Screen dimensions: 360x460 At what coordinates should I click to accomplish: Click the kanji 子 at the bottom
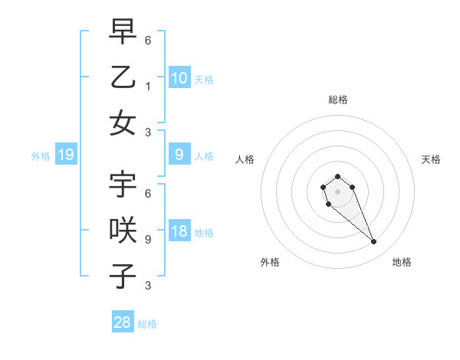pos(123,276)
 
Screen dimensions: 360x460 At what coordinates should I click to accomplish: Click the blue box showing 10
pos(179,78)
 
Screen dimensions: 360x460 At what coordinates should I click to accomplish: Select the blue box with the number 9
pos(179,155)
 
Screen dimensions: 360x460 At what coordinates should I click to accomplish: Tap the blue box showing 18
pos(179,232)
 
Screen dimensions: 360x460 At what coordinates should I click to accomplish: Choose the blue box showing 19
pos(66,155)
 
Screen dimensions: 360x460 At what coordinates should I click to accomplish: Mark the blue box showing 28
pos(123,322)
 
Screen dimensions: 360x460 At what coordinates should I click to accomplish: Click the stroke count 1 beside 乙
pos(147,86)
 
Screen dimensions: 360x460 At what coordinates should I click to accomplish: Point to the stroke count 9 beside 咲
pos(147,239)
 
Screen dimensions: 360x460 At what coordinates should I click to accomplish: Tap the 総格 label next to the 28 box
pos(148,324)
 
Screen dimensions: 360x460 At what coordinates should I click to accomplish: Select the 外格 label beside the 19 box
pos(41,156)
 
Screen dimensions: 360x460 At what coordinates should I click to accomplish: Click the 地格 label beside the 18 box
pos(204,233)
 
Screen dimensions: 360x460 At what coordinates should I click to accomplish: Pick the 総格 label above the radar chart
pos(338,100)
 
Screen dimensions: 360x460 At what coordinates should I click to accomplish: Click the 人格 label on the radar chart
pos(245,159)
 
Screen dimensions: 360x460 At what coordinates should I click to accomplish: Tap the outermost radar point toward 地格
pos(374,242)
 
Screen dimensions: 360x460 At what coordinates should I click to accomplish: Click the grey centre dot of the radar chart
pos(337,191)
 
